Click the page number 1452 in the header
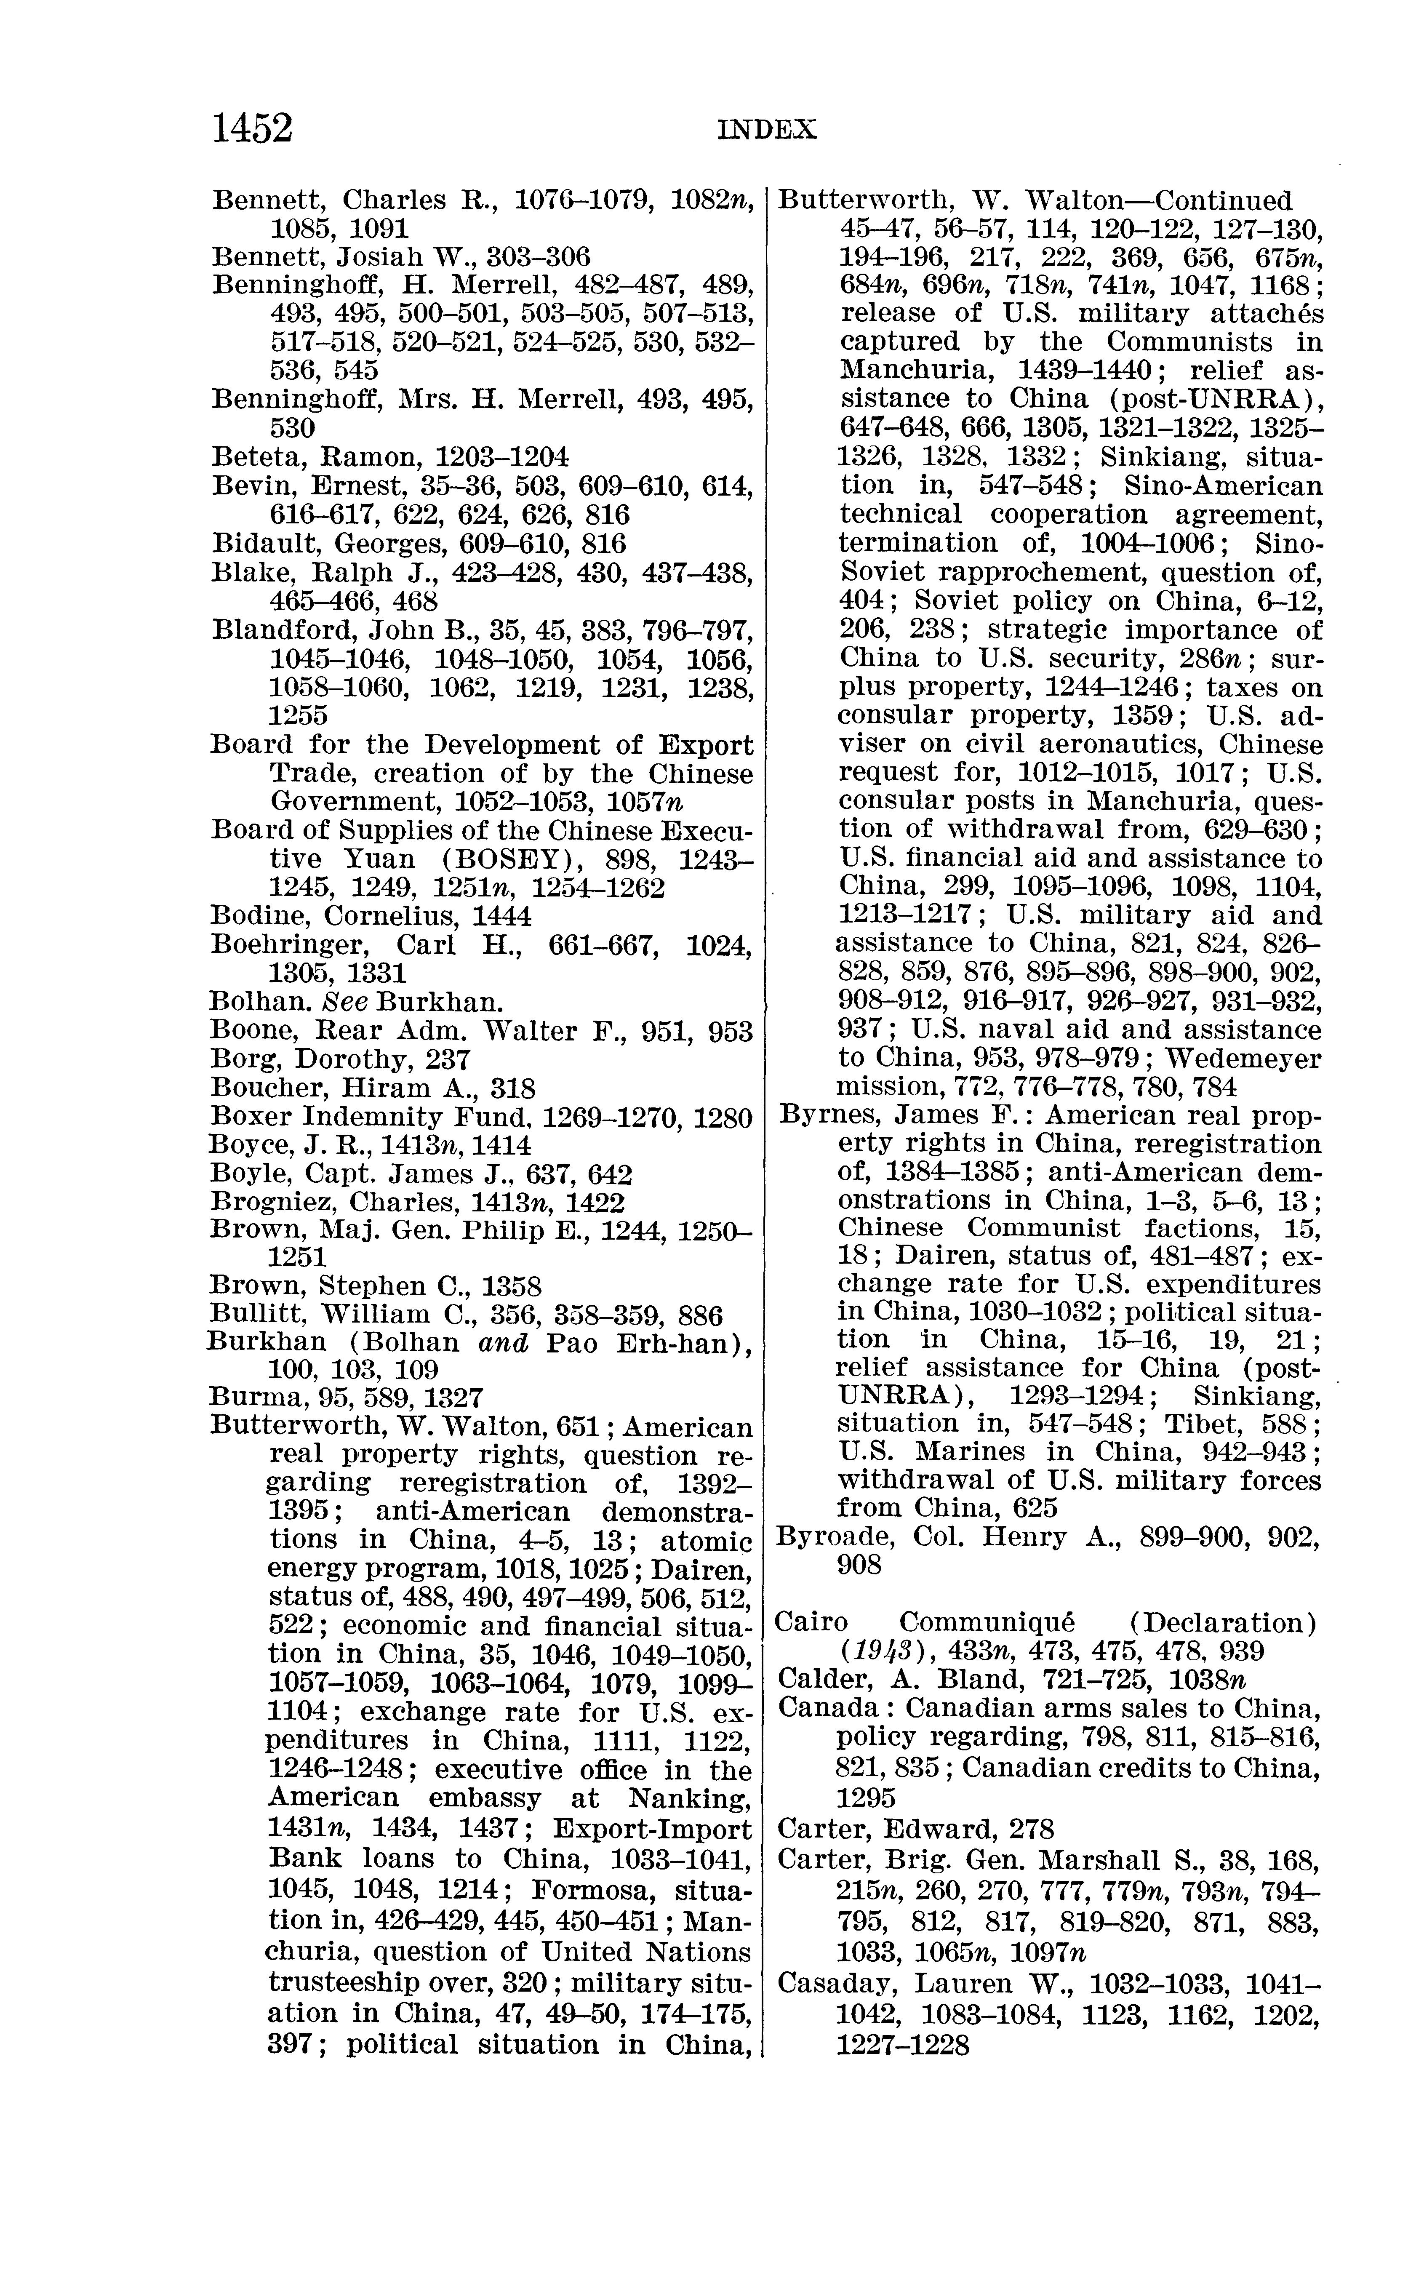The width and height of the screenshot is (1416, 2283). pyautogui.click(x=253, y=128)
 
